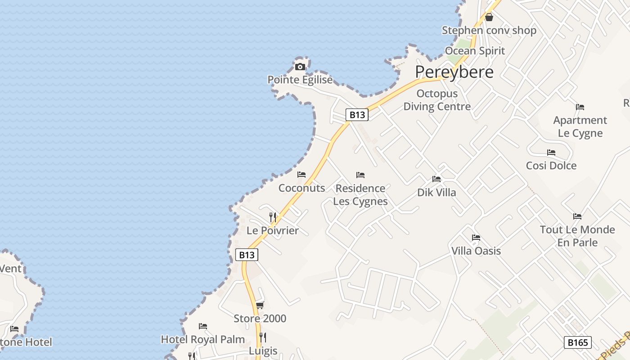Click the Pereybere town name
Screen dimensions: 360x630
pos(454,72)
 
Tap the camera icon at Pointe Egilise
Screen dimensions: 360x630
pos(300,67)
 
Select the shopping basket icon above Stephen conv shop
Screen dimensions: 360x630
pos(489,18)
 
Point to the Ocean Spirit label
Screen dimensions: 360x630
pos(475,51)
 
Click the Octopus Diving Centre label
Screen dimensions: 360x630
pos(437,100)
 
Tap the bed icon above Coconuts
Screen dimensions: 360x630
pos(301,175)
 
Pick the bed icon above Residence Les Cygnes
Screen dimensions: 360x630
pos(360,175)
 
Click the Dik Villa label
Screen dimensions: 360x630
pos(436,193)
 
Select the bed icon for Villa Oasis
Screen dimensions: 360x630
pos(476,238)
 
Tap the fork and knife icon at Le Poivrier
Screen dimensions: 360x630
pos(273,217)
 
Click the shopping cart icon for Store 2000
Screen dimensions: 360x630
pos(260,306)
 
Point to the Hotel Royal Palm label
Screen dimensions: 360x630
pos(203,339)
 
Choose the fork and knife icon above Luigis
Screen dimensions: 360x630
pos(263,337)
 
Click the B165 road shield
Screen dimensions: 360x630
pos(578,342)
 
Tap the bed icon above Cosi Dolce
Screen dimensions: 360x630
pos(551,153)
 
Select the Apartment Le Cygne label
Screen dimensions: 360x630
pos(580,127)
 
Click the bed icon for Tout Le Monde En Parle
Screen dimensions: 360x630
pos(577,216)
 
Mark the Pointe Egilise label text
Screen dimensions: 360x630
pos(300,80)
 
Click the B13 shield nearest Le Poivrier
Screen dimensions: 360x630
pos(247,255)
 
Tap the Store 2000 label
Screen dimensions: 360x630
pos(260,319)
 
